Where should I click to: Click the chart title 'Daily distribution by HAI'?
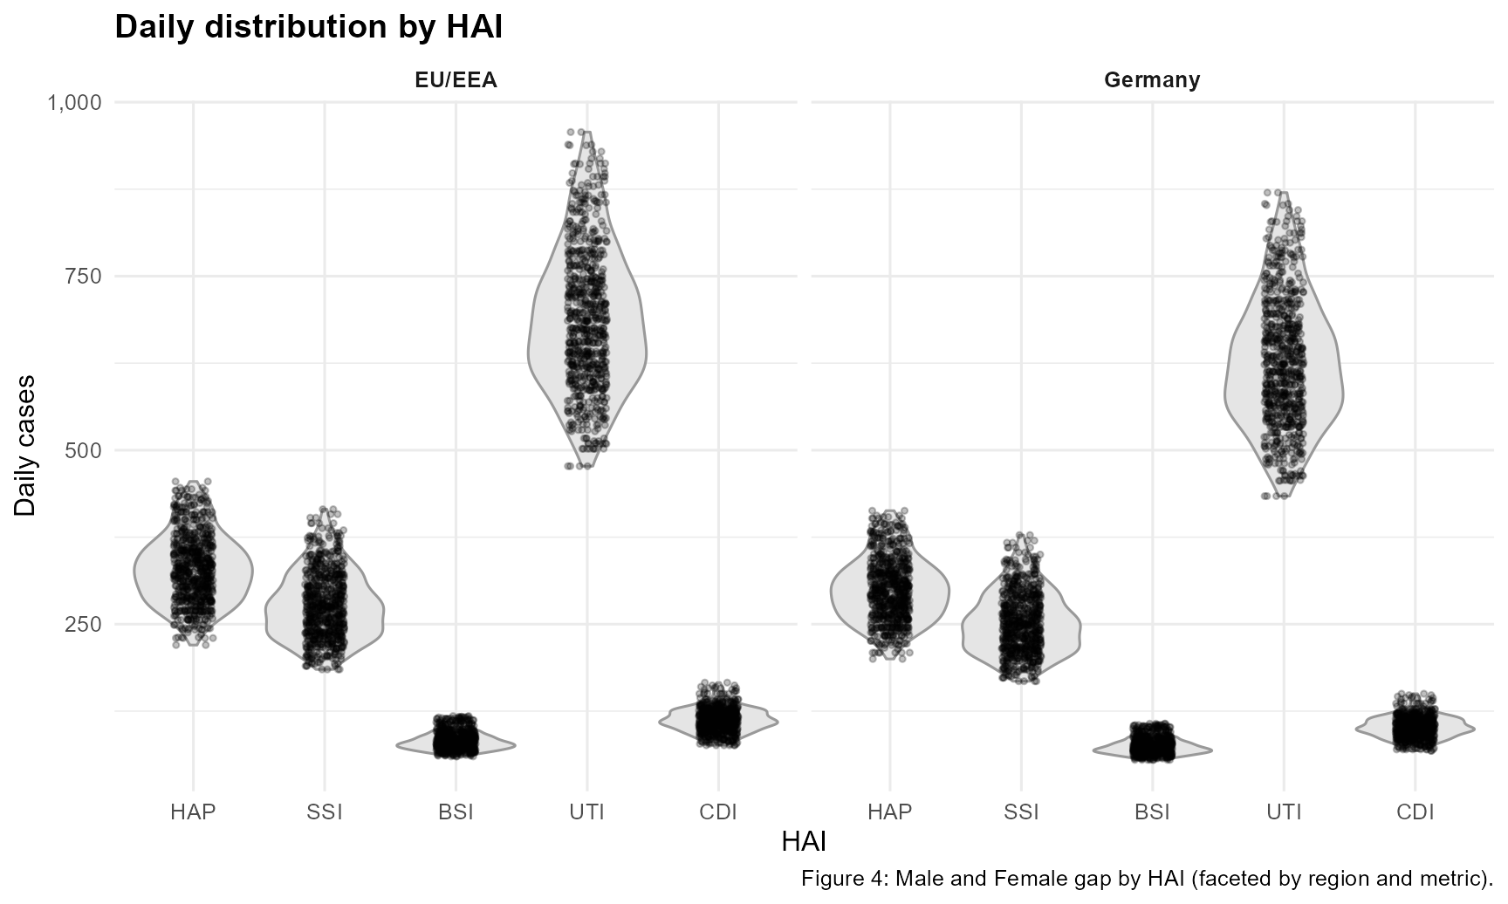tap(308, 27)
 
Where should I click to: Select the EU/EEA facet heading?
tap(456, 80)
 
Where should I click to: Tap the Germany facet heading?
tap(1152, 80)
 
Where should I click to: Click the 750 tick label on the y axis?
tap(84, 276)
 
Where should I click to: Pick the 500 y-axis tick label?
tap(84, 450)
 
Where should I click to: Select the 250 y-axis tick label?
tap(84, 624)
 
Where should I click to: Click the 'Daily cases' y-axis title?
tap(26, 445)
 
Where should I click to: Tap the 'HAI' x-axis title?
tap(804, 842)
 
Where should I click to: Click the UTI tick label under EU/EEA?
tap(586, 812)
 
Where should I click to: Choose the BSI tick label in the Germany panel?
tap(1152, 812)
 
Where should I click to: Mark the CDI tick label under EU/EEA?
tap(718, 812)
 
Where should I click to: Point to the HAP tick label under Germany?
tap(890, 812)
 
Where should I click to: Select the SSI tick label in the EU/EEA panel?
tap(325, 812)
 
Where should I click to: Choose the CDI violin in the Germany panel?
tap(1415, 729)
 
